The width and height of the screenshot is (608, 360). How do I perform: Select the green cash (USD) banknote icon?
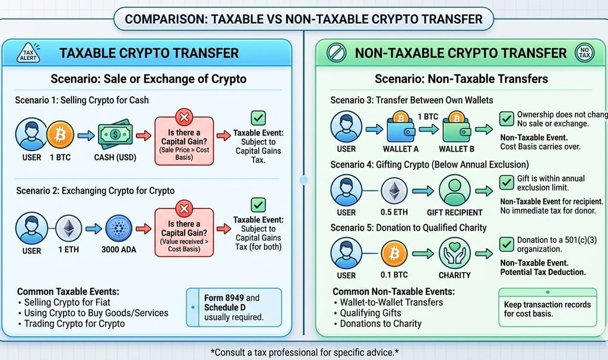click(x=113, y=136)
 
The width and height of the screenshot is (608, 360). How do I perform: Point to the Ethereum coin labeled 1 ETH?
click(x=68, y=228)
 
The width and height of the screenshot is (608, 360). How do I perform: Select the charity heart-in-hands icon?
click(x=454, y=253)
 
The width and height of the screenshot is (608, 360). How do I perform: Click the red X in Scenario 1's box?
click(x=185, y=116)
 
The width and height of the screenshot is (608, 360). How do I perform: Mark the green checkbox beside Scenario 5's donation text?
click(x=506, y=244)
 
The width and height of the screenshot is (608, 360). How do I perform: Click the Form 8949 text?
click(x=223, y=298)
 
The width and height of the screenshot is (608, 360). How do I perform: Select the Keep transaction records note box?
click(x=547, y=308)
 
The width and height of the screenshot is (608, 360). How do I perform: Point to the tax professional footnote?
click(x=305, y=352)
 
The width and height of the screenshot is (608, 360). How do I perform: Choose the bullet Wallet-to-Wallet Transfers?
click(x=391, y=302)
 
